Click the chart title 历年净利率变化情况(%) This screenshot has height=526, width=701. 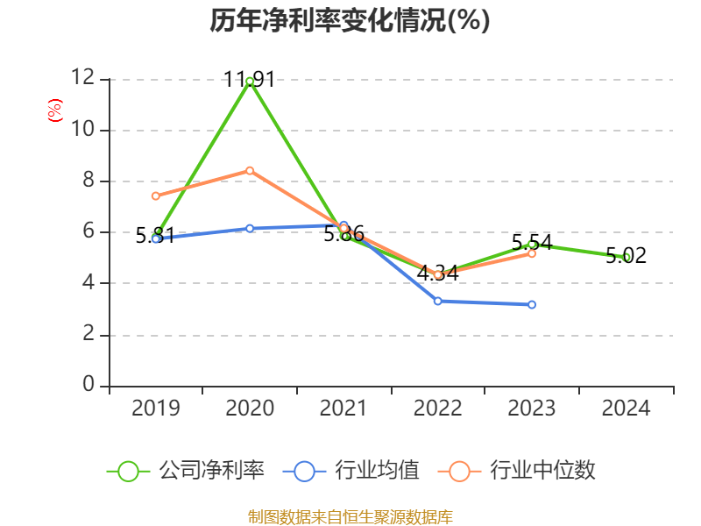click(x=350, y=21)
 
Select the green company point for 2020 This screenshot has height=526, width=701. click(x=250, y=81)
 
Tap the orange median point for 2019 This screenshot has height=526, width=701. click(x=155, y=195)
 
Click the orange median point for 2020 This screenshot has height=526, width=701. click(x=250, y=170)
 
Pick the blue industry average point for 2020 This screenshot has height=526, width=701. click(x=250, y=228)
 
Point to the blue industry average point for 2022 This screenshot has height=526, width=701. click(x=438, y=301)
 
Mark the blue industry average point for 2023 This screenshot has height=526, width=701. click(x=532, y=304)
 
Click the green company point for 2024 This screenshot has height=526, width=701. click(x=626, y=257)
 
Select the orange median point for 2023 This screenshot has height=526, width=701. click(x=532, y=253)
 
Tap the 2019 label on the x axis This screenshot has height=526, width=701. click(x=155, y=409)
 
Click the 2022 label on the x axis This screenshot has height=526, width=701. click(x=438, y=409)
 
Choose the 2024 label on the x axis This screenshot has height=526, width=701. click(x=626, y=409)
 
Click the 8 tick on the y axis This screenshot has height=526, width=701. click(x=88, y=181)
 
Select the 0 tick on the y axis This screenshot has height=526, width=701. click(x=88, y=386)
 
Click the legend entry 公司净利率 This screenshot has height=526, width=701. click(x=211, y=471)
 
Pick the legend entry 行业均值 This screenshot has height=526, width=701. click(x=377, y=471)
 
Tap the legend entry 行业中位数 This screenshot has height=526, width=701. click(x=542, y=471)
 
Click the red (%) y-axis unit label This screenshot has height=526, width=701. click(x=54, y=110)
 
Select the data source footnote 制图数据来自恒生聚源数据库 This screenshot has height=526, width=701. click(x=350, y=516)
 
